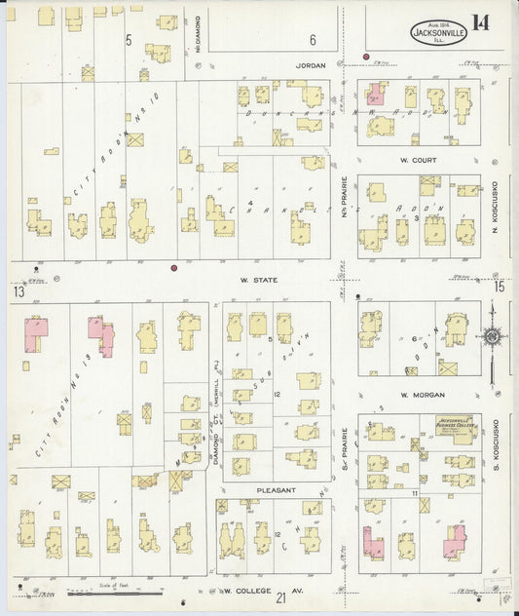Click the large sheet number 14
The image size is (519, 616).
[480, 22]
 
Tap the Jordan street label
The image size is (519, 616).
[309, 66]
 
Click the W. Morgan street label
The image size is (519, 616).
[417, 395]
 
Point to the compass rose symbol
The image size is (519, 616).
[492, 337]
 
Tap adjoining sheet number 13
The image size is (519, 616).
[18, 291]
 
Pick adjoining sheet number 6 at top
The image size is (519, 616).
[314, 40]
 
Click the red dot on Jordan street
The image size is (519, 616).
[366, 57]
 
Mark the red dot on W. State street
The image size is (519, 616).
[173, 267]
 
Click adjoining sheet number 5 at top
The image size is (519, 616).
[129, 40]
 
